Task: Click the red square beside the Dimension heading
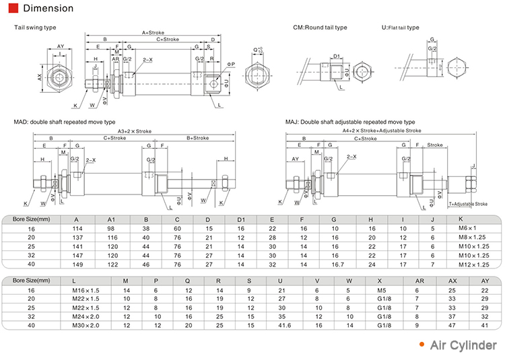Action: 13,9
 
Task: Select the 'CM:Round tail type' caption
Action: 320,28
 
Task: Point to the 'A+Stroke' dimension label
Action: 154,32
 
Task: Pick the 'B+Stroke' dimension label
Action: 197,138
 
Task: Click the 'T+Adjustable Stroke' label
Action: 467,204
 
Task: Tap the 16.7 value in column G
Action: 335,264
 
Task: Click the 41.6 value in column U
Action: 284,325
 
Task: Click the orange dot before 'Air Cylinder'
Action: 422,345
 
